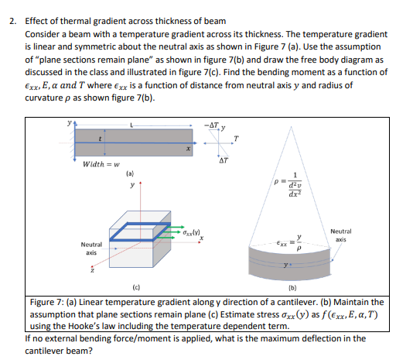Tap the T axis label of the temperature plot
point(235,139)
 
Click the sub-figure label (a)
point(129,175)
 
